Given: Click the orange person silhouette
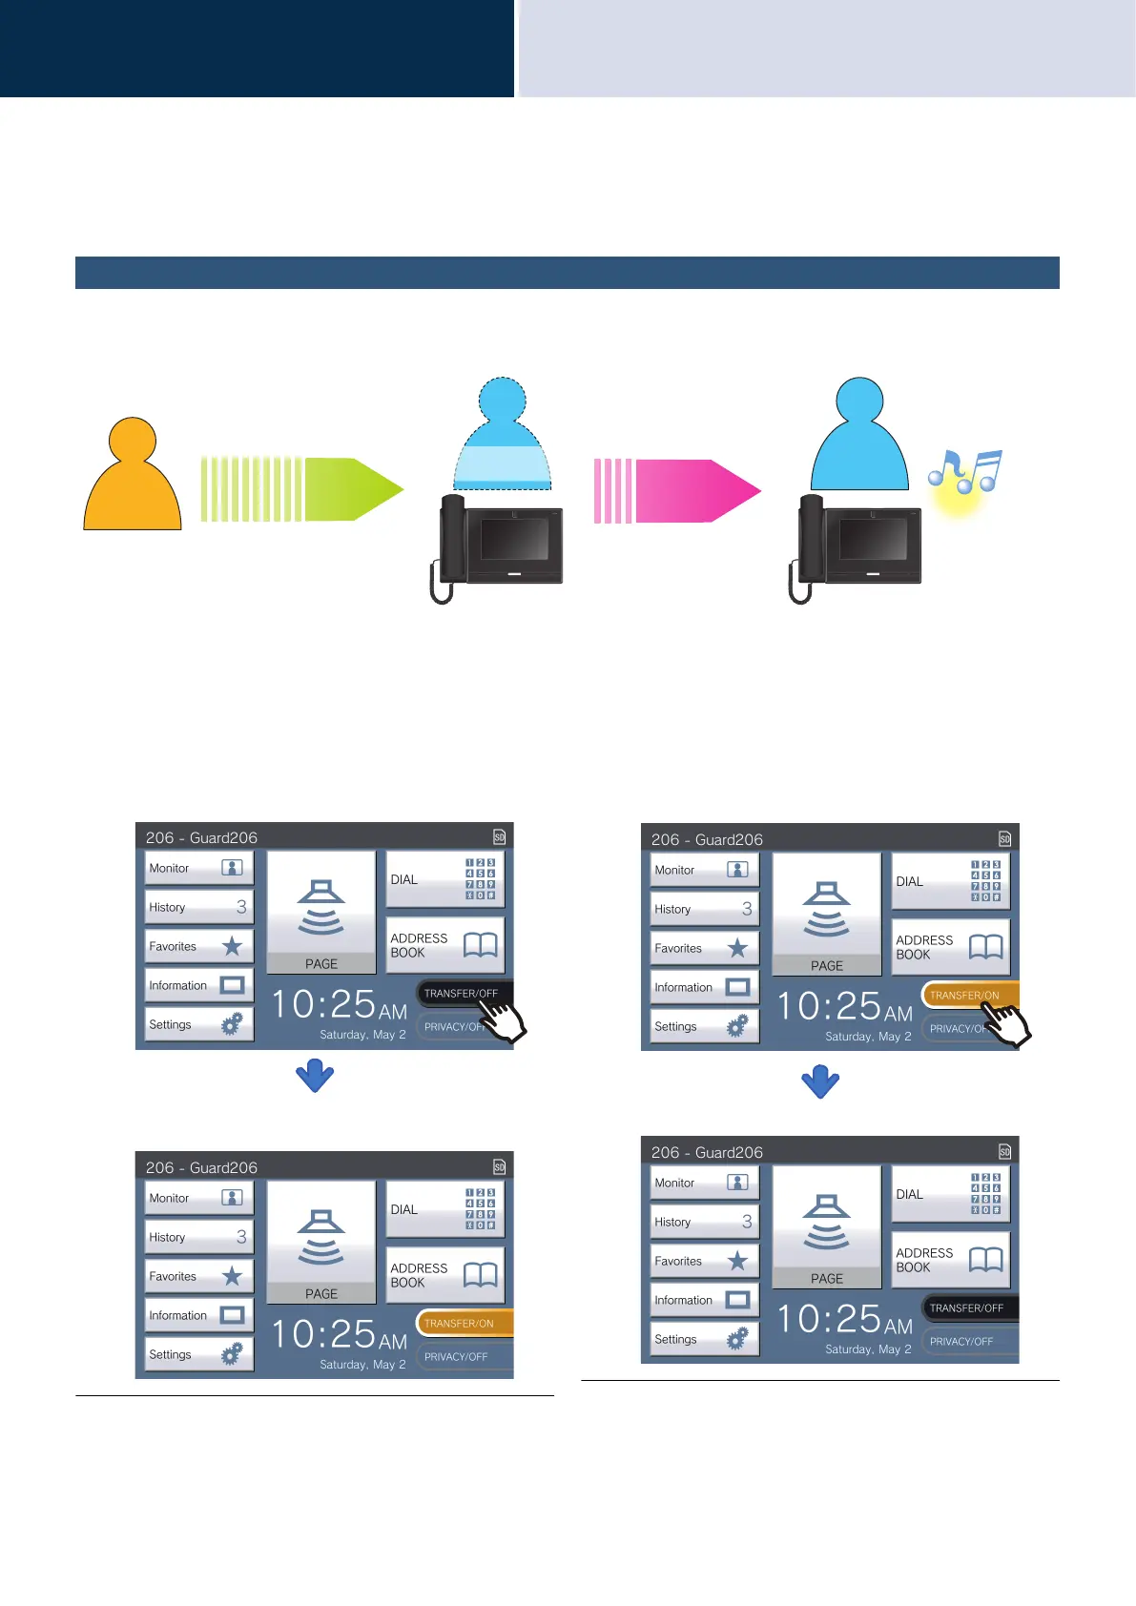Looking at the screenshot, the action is (x=133, y=477).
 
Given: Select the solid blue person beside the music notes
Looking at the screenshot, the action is (x=859, y=437).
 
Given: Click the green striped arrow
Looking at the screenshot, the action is (x=301, y=489).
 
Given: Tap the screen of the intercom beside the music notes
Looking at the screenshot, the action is (x=873, y=540).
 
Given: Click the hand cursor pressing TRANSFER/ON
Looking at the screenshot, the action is (x=1006, y=1022).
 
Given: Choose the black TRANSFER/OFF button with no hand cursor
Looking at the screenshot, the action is (x=969, y=1307).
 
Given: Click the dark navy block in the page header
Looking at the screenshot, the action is (x=257, y=48).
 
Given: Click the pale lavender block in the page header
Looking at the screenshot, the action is (x=826, y=48).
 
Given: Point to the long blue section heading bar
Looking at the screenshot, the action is (x=567, y=273).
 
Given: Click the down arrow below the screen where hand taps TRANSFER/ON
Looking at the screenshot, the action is (x=820, y=1081).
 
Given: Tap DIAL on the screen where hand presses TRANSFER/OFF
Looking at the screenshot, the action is (x=444, y=879).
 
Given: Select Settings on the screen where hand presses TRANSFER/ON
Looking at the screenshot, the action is (x=704, y=1026).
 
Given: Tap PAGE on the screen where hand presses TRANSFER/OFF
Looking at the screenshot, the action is (x=321, y=911).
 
